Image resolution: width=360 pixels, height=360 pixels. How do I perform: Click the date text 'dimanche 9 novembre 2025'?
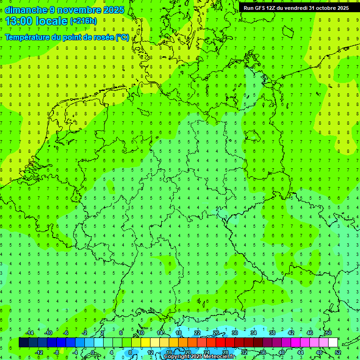tap(64, 10)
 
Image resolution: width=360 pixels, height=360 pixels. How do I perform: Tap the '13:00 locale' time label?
tap(37, 21)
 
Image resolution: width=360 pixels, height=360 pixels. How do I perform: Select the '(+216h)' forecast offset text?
tap(83, 21)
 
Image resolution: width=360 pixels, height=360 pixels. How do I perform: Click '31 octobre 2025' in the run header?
tap(328, 7)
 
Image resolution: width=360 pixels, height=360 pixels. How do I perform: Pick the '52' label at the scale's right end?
tap(338, 352)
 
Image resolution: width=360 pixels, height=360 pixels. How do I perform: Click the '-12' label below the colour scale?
tap(39, 352)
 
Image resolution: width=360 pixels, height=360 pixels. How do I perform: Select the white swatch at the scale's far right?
tap(333, 343)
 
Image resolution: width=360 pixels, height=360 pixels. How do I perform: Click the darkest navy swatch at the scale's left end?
tap(23, 343)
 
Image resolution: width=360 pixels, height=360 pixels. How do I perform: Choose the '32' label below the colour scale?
tap(244, 352)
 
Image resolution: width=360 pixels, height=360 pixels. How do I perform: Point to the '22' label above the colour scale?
tap(197, 333)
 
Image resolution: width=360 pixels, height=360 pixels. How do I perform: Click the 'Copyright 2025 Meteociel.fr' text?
tap(199, 357)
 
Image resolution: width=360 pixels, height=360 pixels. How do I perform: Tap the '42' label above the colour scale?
tap(291, 333)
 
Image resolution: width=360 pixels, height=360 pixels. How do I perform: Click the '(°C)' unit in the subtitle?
tap(123, 37)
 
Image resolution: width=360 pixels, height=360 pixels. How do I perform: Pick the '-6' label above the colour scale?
tap(66, 333)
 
